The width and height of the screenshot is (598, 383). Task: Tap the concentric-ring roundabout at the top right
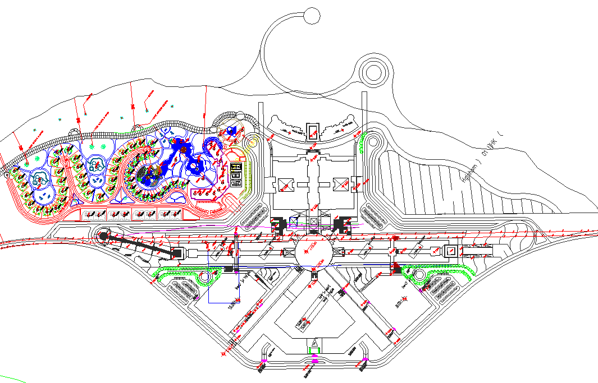[372, 72]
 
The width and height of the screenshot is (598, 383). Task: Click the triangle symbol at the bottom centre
[314, 343]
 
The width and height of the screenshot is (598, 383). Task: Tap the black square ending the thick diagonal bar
[177, 253]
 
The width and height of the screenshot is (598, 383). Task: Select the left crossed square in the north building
[284, 183]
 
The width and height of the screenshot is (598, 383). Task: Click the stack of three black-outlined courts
[235, 175]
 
